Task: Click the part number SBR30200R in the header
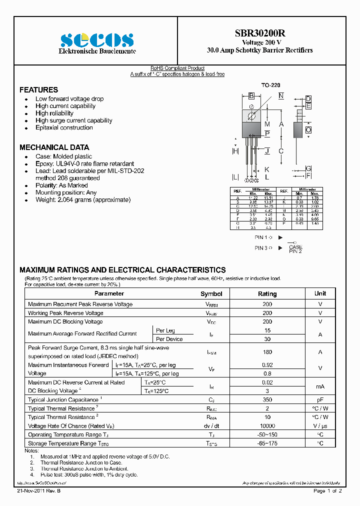tap(260, 33)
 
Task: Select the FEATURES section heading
tap(38, 90)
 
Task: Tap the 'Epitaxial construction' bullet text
tap(64, 127)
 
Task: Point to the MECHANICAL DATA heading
tap(54, 147)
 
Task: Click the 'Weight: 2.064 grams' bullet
tap(82, 199)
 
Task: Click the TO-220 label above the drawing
tap(270, 85)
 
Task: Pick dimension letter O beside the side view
tap(309, 129)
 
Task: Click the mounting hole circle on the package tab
tap(251, 116)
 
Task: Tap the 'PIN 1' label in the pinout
tap(262, 237)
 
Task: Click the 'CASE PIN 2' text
tap(295, 249)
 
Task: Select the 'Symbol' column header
tap(211, 294)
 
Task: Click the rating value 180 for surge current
tap(267, 352)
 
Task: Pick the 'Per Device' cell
tap(169, 339)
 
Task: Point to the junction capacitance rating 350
tap(267, 400)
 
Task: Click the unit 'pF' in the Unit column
tap(320, 400)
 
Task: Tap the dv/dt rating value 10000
tap(267, 425)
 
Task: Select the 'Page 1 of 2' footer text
tap(327, 491)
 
